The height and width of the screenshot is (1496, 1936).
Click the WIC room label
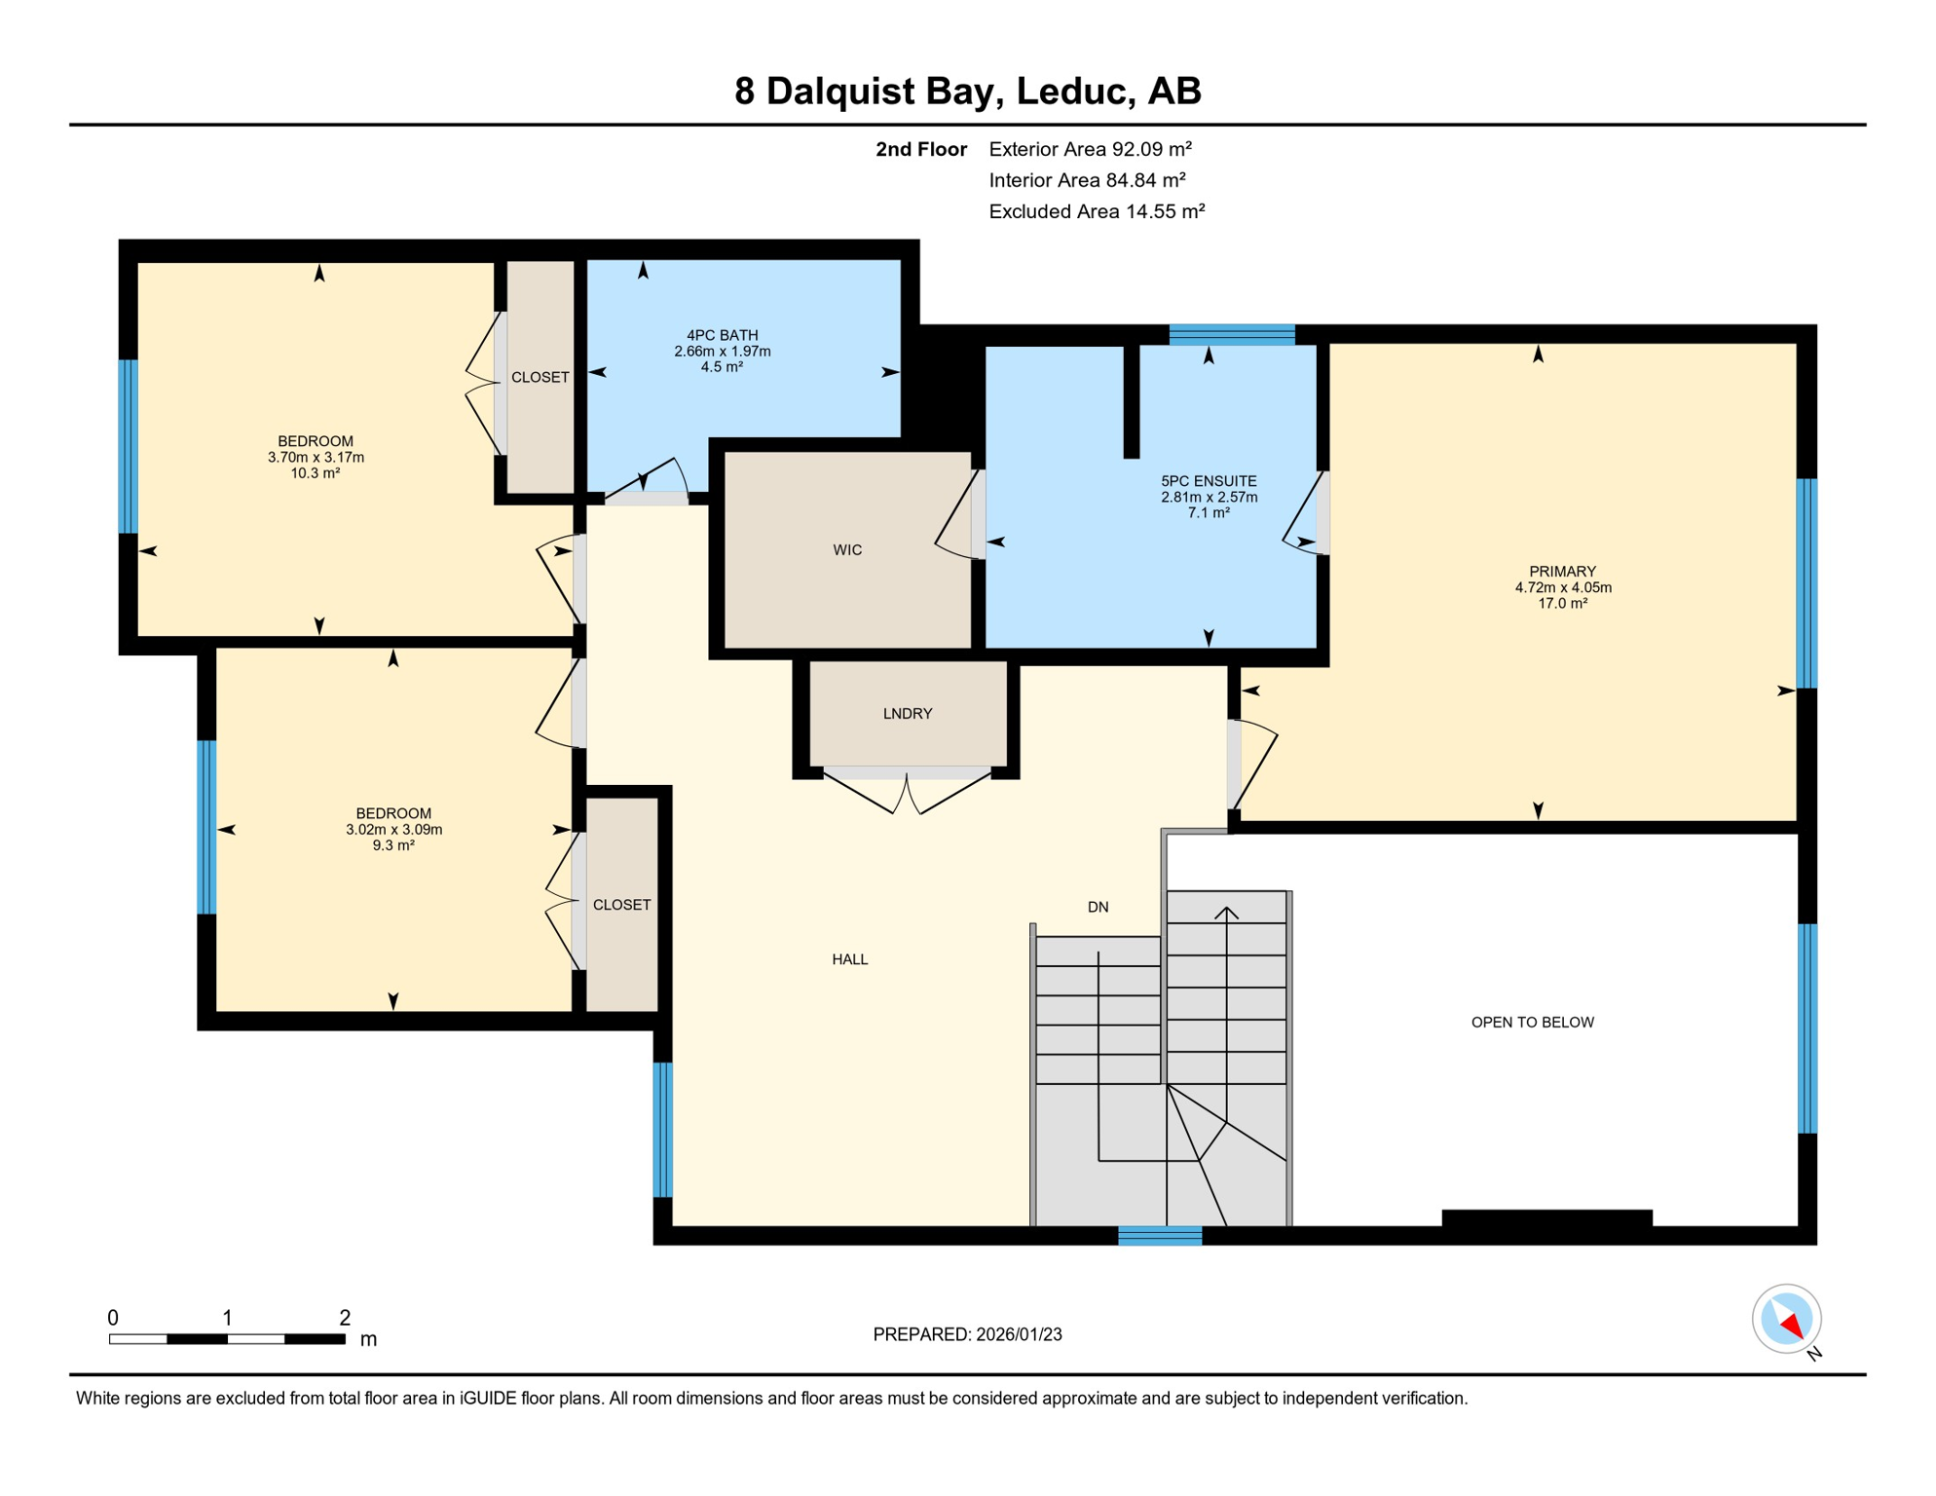coord(847,550)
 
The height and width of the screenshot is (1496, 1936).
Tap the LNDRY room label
coord(908,714)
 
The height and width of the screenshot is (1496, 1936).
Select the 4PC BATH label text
coord(722,335)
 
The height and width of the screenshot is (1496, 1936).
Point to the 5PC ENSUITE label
coord(1209,481)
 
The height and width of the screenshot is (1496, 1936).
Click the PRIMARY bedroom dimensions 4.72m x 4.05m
coord(1563,587)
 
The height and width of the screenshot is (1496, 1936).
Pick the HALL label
coord(850,959)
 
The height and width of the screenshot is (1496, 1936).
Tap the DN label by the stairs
coord(1098,907)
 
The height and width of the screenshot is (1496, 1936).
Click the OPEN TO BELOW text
coord(1532,1022)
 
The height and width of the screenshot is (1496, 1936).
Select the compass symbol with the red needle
coord(1786,1319)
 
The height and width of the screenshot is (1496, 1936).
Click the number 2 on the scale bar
coord(345,1318)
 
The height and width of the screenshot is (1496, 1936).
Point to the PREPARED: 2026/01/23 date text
coord(967,1334)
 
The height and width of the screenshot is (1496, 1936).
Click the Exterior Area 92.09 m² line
coord(1090,149)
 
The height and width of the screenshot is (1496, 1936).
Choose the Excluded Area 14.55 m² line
coord(1097,211)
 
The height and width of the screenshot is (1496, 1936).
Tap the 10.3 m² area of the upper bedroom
coord(316,473)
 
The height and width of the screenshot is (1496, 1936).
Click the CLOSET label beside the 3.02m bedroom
coord(621,905)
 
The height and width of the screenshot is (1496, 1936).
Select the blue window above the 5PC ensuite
coord(1232,335)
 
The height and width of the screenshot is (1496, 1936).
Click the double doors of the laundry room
coord(908,791)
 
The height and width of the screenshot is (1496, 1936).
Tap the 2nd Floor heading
coord(920,149)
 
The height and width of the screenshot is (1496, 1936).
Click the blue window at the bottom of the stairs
coord(1160,1236)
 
